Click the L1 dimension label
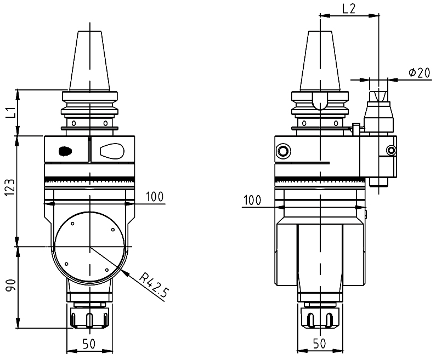(10, 112)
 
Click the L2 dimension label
(349, 9)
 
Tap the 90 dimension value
(10, 285)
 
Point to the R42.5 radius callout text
(154, 285)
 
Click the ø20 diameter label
(420, 72)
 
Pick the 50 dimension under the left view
(89, 344)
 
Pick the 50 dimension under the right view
(320, 344)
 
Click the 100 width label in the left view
(155, 197)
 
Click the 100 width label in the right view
(252, 200)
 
